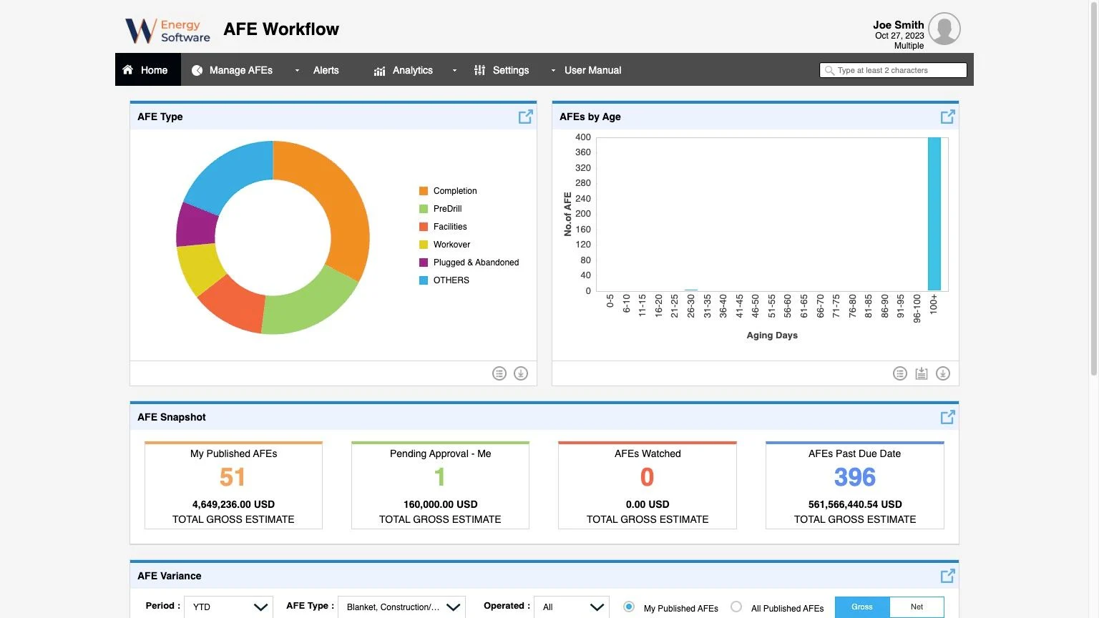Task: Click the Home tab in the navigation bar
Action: [147, 70]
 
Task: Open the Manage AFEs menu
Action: [240, 70]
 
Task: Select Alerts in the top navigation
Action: [326, 70]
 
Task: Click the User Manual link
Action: [592, 70]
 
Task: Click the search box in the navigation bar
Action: [894, 70]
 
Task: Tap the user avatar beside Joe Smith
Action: [944, 29]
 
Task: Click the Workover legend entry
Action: [451, 245]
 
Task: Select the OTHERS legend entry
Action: [451, 280]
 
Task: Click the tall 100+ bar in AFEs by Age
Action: [934, 214]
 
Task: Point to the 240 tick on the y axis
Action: [583, 198]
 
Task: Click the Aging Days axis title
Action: [772, 335]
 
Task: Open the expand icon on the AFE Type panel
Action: [525, 117]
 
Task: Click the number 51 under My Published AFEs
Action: [233, 477]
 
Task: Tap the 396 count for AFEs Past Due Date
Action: [854, 477]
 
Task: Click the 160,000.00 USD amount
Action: [440, 504]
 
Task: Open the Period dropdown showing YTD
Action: [228, 607]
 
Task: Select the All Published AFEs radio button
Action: [736, 607]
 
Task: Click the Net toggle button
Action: [917, 607]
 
